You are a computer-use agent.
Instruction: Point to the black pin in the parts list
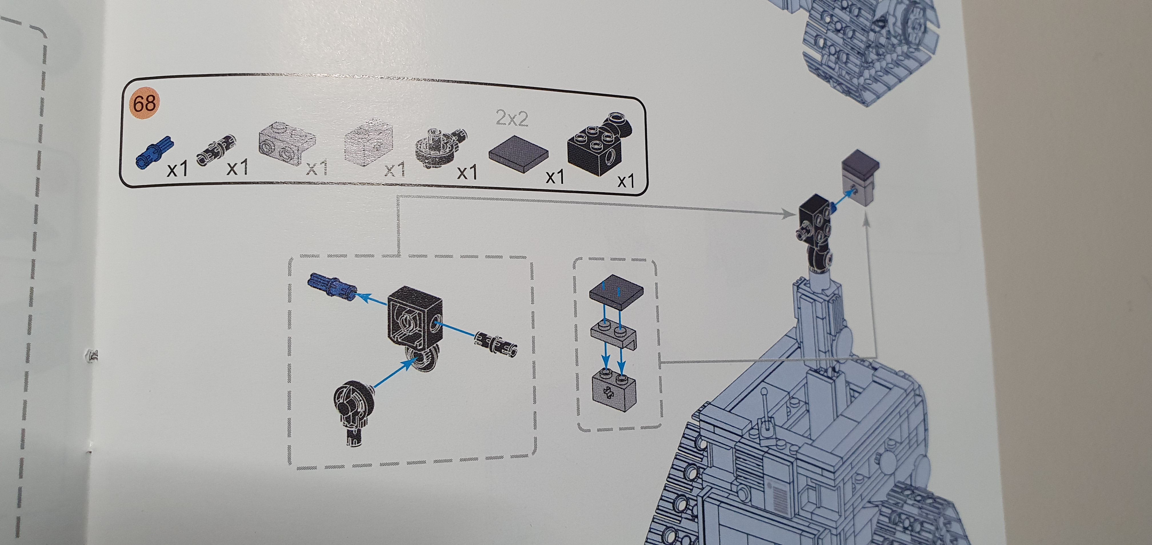pyautogui.click(x=216, y=153)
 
